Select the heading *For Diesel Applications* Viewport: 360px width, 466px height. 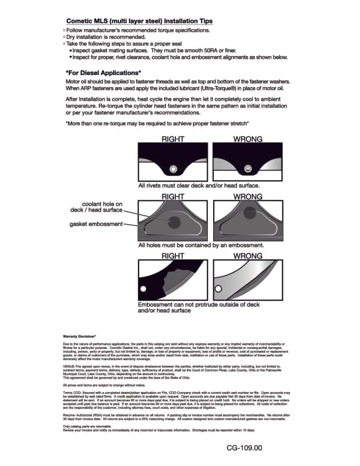coord(103,72)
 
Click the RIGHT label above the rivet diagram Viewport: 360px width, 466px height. coord(172,139)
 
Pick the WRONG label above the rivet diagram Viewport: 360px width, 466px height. coord(248,139)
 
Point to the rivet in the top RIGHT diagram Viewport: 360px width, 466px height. coord(172,170)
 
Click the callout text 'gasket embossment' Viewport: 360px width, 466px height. coord(96,224)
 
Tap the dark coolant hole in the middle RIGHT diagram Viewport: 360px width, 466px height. coord(174,221)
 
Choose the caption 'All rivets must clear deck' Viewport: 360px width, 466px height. coord(199,185)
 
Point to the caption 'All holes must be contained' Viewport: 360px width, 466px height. coord(201,245)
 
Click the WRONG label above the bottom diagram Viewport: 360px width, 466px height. coord(248,256)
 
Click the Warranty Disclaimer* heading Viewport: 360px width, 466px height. coord(78,337)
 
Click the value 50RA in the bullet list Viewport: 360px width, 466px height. coord(230,51)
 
